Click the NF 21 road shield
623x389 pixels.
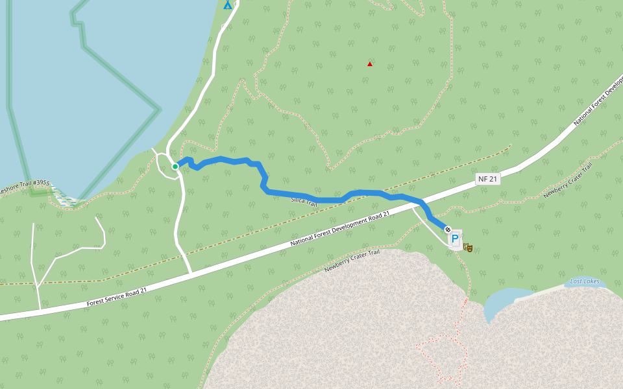487,179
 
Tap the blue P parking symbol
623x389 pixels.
455,239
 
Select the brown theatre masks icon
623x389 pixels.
468,247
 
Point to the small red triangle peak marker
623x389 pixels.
370,64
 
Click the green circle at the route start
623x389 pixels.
175,167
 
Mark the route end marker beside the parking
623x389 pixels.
448,229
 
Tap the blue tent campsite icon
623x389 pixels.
227,5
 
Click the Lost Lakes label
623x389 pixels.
584,281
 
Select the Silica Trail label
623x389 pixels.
304,202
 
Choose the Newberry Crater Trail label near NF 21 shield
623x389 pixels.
568,180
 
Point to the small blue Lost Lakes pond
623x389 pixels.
503,301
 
